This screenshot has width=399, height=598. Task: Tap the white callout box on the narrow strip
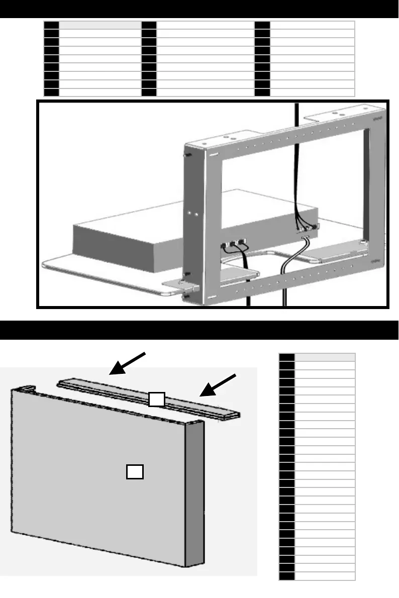point(156,399)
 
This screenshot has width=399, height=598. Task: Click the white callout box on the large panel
point(135,471)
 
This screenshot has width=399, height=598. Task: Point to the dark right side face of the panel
point(195,492)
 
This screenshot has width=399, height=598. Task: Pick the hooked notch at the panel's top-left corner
point(28,388)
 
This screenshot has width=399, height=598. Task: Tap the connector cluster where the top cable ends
point(307,229)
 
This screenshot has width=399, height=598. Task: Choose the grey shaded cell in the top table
point(100,25)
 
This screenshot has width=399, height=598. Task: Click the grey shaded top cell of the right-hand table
point(325,357)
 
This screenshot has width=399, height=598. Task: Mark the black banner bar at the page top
point(199,9)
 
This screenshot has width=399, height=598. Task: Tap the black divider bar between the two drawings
point(199,330)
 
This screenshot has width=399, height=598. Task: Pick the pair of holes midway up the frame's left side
point(192,213)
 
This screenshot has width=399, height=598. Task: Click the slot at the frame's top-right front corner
point(376,119)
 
